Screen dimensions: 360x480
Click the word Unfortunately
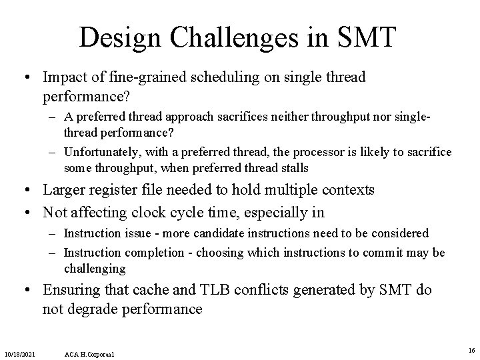click(x=103, y=153)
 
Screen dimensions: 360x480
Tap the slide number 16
click(x=471, y=349)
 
